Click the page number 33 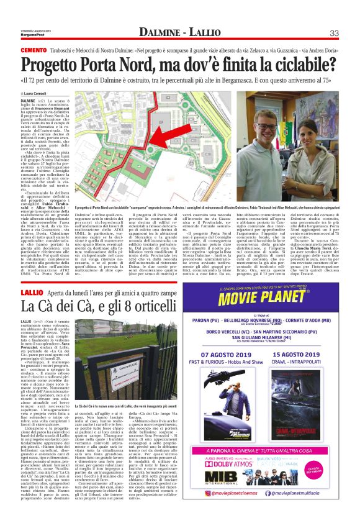tap(333, 33)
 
